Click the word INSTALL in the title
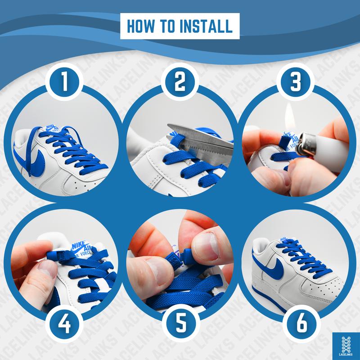(206, 26)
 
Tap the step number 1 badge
(64, 82)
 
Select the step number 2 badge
(180, 82)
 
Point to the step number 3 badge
(295, 82)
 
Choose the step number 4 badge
(64, 324)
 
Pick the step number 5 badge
(181, 323)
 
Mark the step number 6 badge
(301, 324)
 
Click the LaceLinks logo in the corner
(346, 346)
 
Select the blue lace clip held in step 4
(58, 256)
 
